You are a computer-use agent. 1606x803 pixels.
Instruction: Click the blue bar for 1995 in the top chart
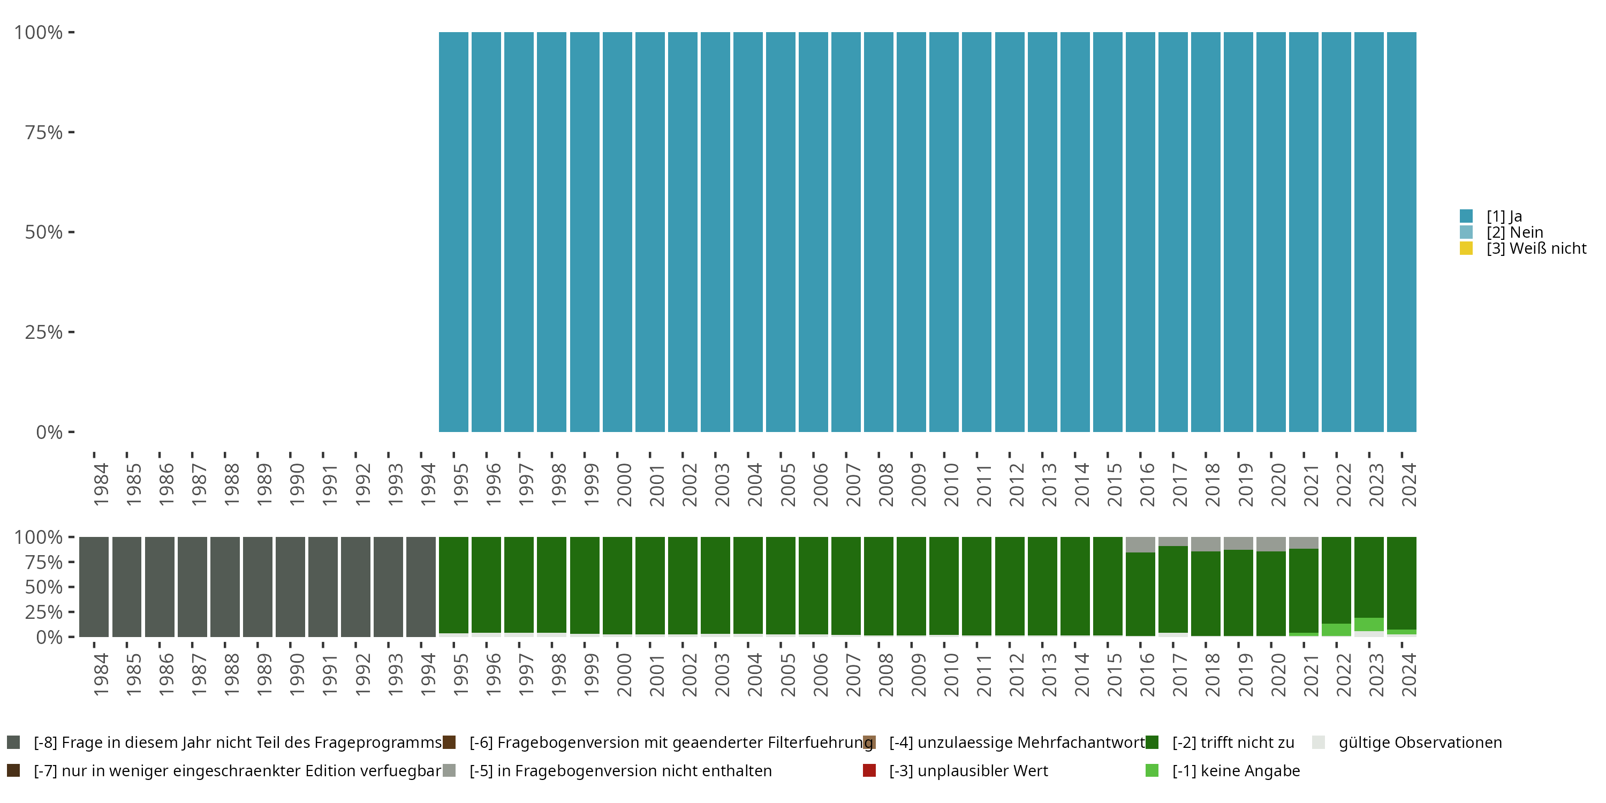[453, 232]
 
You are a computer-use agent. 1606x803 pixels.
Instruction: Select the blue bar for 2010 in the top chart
[944, 232]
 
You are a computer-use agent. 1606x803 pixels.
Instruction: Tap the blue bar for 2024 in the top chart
[1402, 232]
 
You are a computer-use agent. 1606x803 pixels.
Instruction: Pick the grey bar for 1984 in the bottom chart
[94, 587]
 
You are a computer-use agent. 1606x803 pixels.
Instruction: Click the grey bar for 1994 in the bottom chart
[421, 587]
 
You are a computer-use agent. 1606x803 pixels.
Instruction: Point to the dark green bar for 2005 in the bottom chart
[781, 586]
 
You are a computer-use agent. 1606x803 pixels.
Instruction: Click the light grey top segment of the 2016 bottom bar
[1140, 544]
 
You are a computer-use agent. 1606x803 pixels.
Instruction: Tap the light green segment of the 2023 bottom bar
[1369, 624]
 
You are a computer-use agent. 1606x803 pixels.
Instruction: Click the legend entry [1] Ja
[1504, 216]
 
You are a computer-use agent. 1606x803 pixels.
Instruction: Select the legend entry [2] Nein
[1514, 232]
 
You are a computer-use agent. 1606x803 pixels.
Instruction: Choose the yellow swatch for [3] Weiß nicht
[1466, 249]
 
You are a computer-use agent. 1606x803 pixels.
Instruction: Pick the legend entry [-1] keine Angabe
[1236, 770]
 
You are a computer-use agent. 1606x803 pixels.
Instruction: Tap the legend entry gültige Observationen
[1420, 743]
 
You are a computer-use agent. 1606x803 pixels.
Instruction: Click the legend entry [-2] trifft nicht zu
[1232, 743]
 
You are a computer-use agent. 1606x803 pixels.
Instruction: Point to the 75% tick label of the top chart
[44, 132]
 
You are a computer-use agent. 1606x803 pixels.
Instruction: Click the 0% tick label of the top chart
[49, 432]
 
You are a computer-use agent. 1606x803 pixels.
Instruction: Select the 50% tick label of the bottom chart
[44, 587]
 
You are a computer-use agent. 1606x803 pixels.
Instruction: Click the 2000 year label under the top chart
[624, 484]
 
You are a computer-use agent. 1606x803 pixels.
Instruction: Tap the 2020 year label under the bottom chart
[1278, 675]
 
